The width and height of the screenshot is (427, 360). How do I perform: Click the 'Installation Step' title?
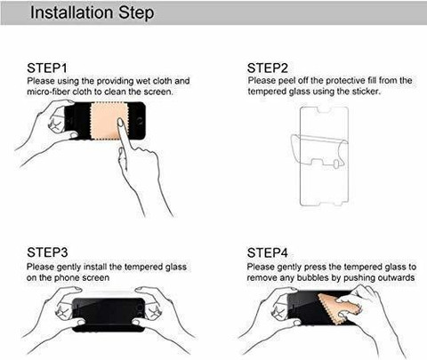click(93, 12)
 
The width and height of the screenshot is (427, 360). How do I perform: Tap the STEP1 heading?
click(47, 68)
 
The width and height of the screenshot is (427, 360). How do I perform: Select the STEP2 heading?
click(268, 68)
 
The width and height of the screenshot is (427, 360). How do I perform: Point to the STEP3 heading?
click(47, 252)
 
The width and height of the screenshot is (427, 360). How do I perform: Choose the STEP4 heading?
click(268, 252)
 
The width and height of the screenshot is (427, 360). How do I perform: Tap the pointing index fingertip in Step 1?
click(121, 122)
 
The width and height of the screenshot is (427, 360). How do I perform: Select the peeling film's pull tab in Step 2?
click(336, 164)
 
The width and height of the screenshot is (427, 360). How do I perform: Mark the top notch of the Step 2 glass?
click(324, 110)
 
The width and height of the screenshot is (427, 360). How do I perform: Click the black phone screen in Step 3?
click(109, 315)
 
